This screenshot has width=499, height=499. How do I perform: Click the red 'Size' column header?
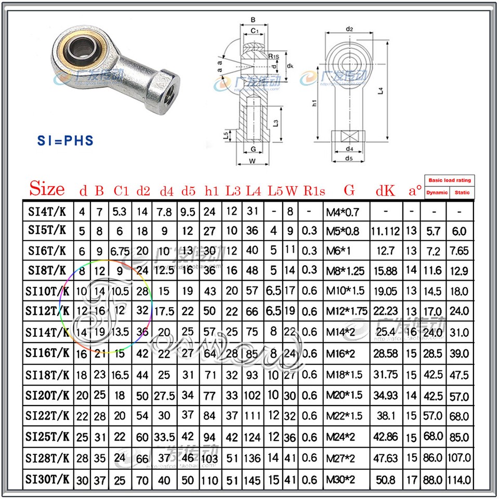pyautogui.click(x=47, y=189)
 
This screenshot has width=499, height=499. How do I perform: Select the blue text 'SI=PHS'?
pyautogui.click(x=65, y=141)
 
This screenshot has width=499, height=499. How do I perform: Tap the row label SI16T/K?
pyautogui.click(x=47, y=353)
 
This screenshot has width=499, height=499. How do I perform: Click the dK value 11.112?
pyautogui.click(x=385, y=231)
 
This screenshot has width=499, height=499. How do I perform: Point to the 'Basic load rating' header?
pyautogui.click(x=450, y=180)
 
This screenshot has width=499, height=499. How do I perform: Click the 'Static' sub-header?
pyautogui.click(x=462, y=192)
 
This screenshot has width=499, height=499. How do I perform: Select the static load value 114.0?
pyautogui.click(x=459, y=479)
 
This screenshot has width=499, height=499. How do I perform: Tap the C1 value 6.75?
pyautogui.click(x=121, y=251)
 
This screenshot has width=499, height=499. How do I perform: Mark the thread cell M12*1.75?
pyautogui.click(x=347, y=311)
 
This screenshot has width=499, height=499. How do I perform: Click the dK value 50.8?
pyautogui.click(x=385, y=479)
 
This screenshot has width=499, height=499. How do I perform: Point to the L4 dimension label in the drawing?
pyautogui.click(x=380, y=90)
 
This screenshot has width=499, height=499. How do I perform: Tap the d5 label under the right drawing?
pyautogui.click(x=349, y=159)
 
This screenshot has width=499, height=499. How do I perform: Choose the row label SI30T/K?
pyautogui.click(x=47, y=479)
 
